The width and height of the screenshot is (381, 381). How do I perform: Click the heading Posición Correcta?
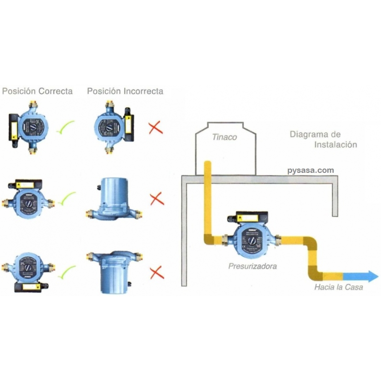38,91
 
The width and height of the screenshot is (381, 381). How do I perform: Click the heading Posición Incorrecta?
125,91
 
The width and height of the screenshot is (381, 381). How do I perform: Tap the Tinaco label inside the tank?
224,137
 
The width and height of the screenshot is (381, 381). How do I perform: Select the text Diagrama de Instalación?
323,139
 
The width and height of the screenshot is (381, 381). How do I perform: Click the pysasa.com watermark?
311,170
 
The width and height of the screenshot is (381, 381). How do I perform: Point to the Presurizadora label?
252,266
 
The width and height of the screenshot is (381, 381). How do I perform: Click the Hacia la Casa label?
338,287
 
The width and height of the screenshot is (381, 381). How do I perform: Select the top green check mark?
65,127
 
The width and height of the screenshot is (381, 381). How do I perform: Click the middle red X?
156,199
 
